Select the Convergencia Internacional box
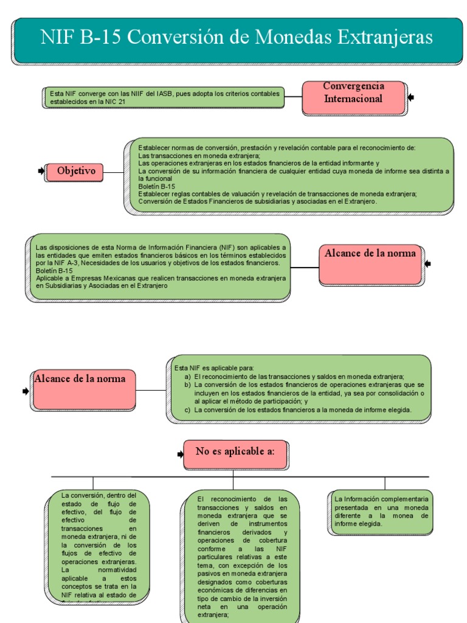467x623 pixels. pos(353,97)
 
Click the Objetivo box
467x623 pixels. pos(76,172)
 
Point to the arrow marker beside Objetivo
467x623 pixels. pos(41,172)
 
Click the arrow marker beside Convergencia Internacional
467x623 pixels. pos(411,97)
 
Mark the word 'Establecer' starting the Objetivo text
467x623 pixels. pos(153,148)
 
